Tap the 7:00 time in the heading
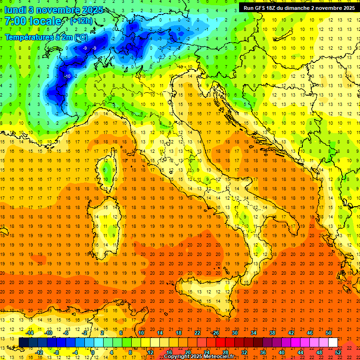[16, 21]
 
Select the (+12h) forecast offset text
[81, 21]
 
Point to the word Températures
[27, 37]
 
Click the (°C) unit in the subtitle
[80, 37]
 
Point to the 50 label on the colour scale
[329, 333]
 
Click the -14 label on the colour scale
[30, 333]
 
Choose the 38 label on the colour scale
[272, 333]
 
